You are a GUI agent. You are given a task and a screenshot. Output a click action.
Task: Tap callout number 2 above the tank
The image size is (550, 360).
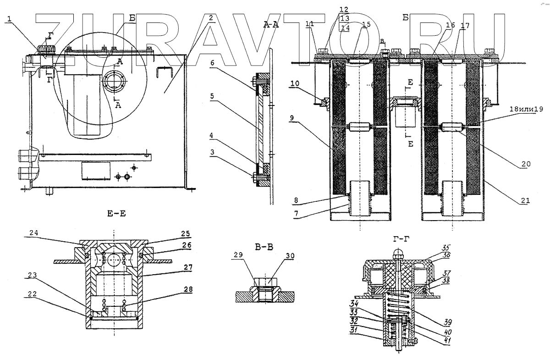pyautogui.click(x=210, y=18)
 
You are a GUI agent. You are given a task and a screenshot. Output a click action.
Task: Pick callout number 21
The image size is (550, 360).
pyautogui.click(x=526, y=200)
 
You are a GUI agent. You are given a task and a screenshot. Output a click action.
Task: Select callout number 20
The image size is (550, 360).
pyautogui.click(x=526, y=163)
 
